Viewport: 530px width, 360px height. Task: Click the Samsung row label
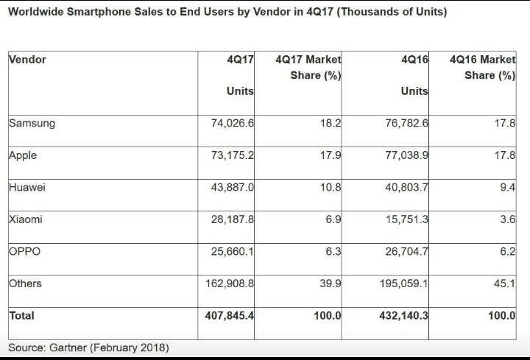pyautogui.click(x=32, y=124)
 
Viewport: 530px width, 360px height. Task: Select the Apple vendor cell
pyautogui.click(x=23, y=155)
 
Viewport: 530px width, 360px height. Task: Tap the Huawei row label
pyautogui.click(x=27, y=188)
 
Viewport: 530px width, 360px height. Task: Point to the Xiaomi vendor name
pyautogui.click(x=26, y=219)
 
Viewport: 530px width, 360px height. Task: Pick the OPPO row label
pyautogui.click(x=24, y=251)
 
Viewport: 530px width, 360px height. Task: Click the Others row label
pyautogui.click(x=25, y=283)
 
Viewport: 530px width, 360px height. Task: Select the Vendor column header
pyautogui.click(x=27, y=60)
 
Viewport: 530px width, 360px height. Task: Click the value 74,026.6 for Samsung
pyautogui.click(x=232, y=124)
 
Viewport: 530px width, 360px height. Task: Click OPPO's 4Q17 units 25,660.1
pyautogui.click(x=232, y=252)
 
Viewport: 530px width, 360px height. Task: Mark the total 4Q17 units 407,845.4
pyautogui.click(x=229, y=316)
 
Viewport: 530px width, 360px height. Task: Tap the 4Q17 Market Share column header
pyautogui.click(x=308, y=68)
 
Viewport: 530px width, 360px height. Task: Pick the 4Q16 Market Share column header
pyautogui.click(x=482, y=68)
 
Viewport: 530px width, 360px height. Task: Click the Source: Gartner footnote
pyautogui.click(x=88, y=347)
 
